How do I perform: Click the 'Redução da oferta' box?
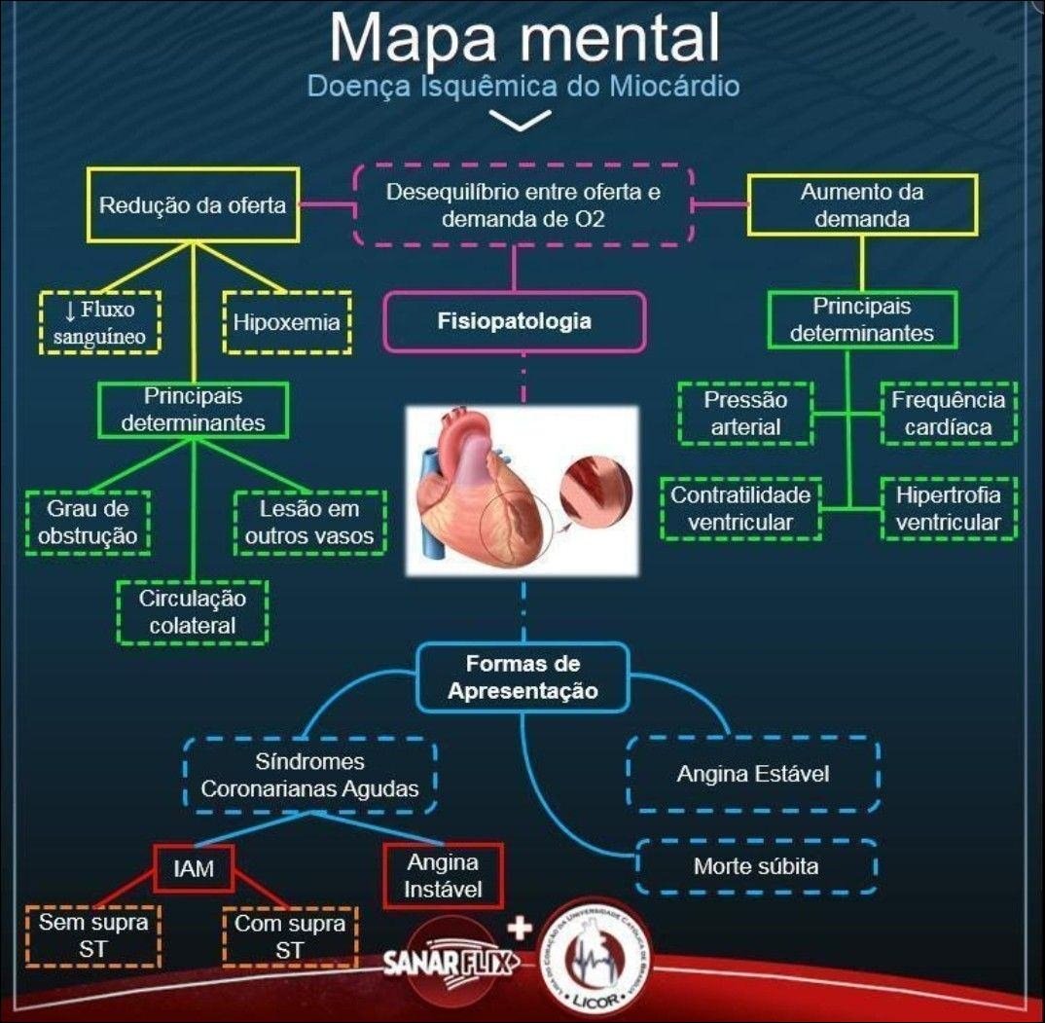(x=193, y=204)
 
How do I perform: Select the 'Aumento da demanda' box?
(x=862, y=205)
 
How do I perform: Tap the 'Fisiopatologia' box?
(x=515, y=321)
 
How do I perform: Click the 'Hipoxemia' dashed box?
(x=286, y=321)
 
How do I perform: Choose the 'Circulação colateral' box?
(x=193, y=611)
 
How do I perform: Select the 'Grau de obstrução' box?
(x=89, y=523)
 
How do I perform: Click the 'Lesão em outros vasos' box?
(x=309, y=523)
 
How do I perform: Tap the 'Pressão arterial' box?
(x=745, y=413)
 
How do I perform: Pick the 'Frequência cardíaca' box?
(x=948, y=413)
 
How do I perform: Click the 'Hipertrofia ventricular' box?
(x=948, y=508)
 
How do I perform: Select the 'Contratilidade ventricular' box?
(x=740, y=508)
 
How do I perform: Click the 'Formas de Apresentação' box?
(x=522, y=676)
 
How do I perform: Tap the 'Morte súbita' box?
(x=756, y=866)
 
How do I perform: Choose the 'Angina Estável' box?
(x=753, y=774)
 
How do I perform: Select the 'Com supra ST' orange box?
(x=289, y=936)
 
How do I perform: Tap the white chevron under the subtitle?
(x=522, y=120)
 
